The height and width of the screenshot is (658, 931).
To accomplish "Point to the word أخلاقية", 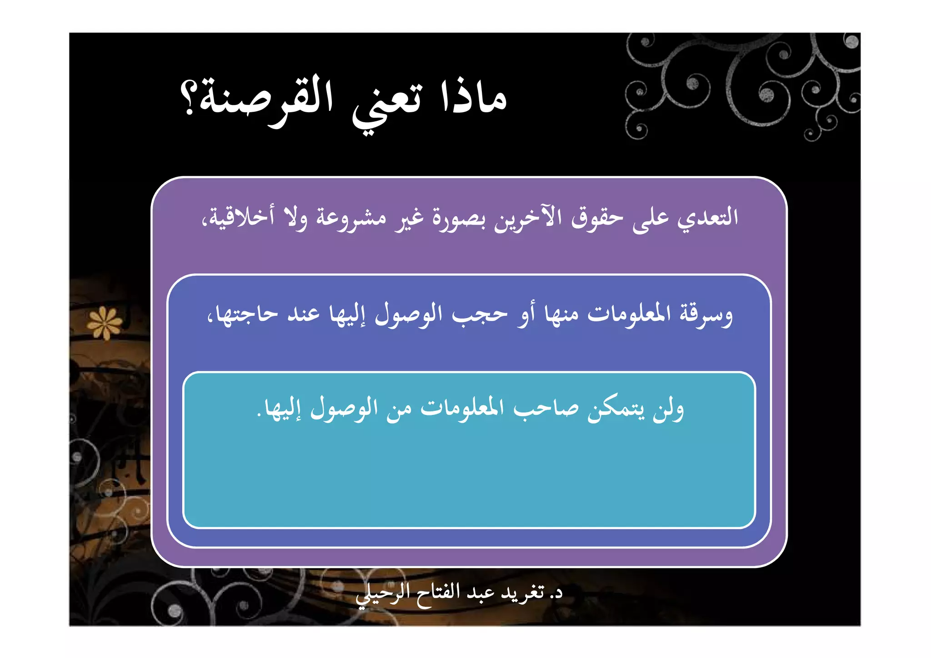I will [x=239, y=218].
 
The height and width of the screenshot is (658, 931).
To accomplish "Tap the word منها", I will [x=562, y=314].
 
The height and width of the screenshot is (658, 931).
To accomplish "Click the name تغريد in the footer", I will [x=523, y=593].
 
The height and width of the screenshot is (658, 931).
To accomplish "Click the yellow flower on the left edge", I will [x=105, y=323].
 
